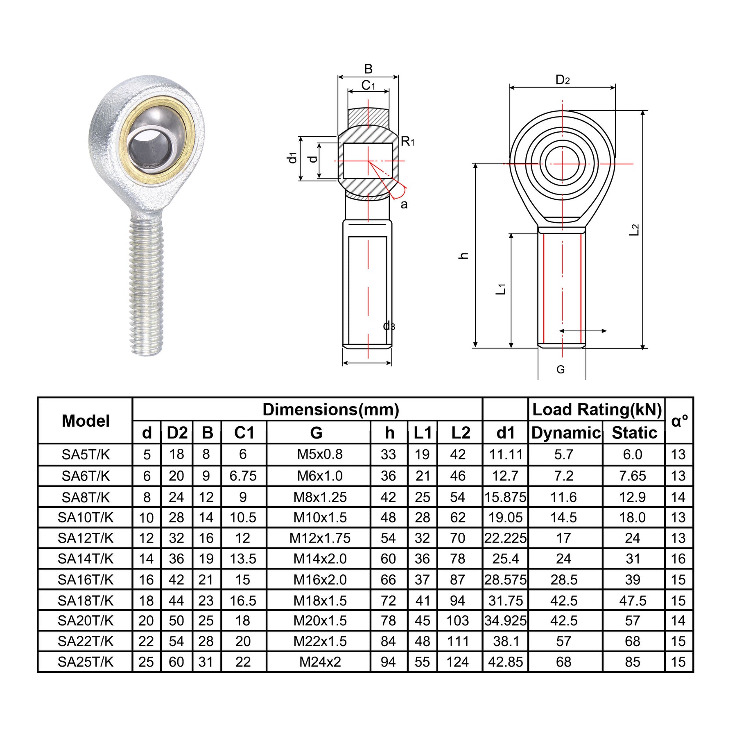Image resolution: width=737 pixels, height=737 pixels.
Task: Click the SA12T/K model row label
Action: (86, 538)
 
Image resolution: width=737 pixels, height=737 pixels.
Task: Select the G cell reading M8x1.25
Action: (320, 497)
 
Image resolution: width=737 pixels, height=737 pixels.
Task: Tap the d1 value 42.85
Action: (506, 662)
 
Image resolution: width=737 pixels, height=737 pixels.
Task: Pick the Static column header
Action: (634, 433)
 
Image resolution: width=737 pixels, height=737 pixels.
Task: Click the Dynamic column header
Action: (566, 433)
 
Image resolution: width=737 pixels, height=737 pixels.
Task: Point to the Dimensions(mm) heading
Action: (331, 409)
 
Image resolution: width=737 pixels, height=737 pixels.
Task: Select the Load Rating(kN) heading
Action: (597, 409)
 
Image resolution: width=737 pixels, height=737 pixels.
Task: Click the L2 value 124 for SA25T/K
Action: (458, 662)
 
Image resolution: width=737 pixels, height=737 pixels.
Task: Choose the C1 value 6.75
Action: (243, 476)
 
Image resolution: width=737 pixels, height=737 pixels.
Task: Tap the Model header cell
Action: (86, 421)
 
